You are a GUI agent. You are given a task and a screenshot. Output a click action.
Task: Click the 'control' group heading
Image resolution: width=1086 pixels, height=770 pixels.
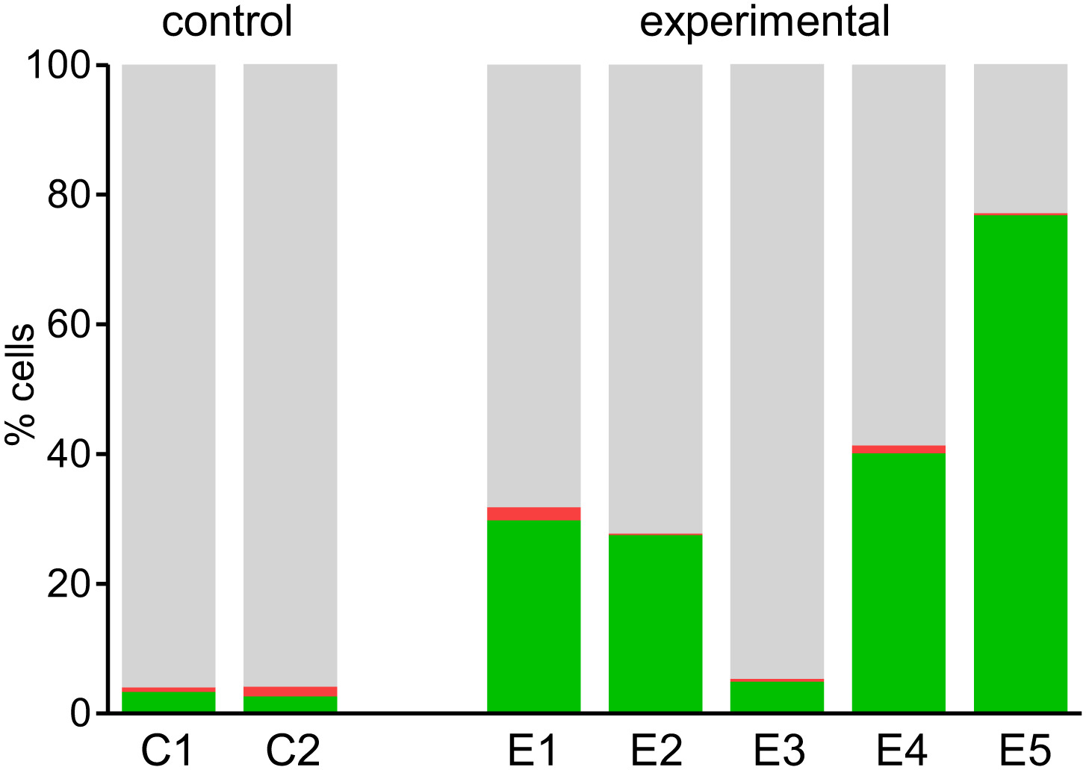click(227, 22)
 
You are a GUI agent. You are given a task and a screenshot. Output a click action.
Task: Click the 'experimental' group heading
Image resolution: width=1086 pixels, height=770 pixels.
click(765, 22)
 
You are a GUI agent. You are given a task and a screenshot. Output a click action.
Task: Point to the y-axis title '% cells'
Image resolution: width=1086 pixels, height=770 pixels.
click(20, 384)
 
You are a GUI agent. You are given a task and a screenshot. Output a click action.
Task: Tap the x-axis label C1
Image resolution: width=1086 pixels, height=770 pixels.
click(168, 751)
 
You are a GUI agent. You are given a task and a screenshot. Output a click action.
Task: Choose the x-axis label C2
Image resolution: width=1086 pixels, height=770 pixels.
click(293, 751)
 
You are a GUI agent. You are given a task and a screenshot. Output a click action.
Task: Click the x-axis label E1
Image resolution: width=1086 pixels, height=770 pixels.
click(533, 751)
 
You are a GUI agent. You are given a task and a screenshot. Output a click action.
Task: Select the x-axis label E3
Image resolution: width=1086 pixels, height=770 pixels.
click(778, 751)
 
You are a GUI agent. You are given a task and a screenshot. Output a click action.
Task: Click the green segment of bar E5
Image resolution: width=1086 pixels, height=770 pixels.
click(1020, 463)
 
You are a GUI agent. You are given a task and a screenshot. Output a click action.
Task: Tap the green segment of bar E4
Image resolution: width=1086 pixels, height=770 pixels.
click(899, 583)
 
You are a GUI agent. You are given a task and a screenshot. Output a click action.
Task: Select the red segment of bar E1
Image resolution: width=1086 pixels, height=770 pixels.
click(533, 514)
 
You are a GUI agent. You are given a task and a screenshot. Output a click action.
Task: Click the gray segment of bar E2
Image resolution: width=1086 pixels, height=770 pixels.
click(655, 299)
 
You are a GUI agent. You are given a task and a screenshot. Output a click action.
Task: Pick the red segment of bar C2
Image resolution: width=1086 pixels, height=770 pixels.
click(290, 691)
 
